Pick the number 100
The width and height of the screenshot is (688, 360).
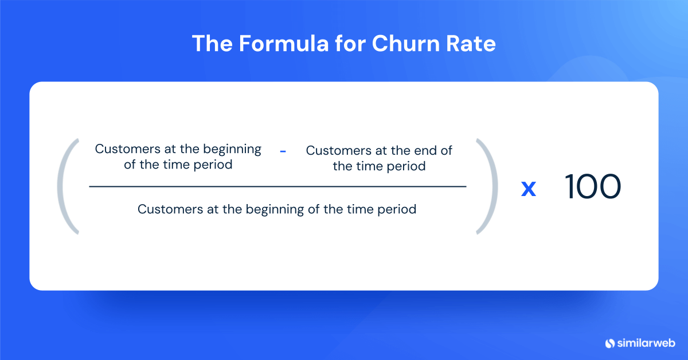pyautogui.click(x=593, y=187)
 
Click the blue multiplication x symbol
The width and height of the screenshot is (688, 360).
pyautogui.click(x=528, y=189)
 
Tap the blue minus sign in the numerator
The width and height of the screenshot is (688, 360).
pyautogui.click(x=283, y=151)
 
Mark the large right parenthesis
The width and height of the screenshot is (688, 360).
pyautogui.click(x=486, y=186)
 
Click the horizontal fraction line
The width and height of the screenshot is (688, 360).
pyautogui.click(x=277, y=186)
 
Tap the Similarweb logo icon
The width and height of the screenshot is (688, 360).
pyautogui.click(x=610, y=343)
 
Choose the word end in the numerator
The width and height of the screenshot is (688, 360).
pyautogui.click(x=425, y=151)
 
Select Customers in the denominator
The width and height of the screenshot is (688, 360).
pyautogui.click(x=166, y=209)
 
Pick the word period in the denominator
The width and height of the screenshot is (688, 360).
pyautogui.click(x=396, y=209)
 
